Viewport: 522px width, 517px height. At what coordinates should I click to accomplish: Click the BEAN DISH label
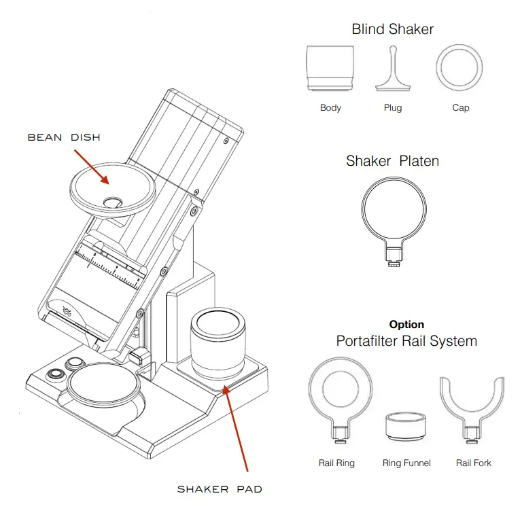coord(64,137)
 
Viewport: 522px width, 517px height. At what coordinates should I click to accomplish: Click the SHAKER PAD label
coord(220,489)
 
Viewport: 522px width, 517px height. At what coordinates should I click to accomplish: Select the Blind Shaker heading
coord(392,29)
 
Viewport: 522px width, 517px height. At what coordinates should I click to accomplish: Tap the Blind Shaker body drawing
coord(330,68)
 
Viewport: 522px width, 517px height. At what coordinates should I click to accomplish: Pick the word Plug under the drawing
coord(393,108)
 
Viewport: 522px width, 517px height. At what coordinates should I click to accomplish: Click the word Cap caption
coord(460,108)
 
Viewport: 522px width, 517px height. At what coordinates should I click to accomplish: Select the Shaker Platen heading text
coord(392,162)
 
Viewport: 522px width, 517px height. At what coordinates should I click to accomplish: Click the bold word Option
coord(406,325)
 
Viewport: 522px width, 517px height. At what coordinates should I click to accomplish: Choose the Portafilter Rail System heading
coord(406,341)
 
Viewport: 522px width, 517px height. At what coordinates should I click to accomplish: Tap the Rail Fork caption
coord(473,463)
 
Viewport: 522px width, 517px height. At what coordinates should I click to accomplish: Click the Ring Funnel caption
coord(406,463)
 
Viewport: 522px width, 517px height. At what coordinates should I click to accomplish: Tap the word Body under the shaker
coord(330,108)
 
